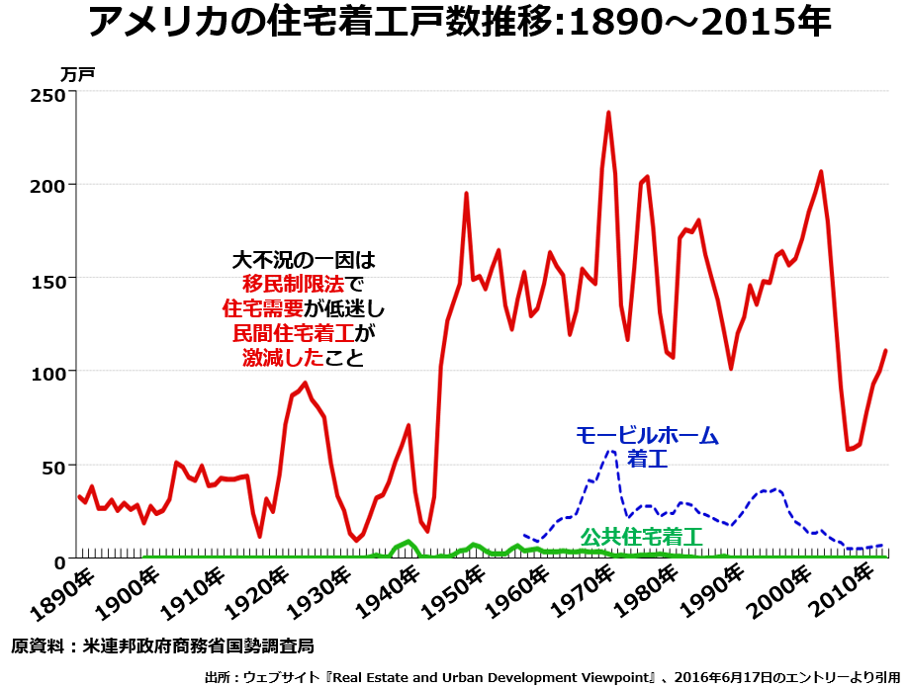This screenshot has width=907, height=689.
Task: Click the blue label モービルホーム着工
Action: (x=648, y=446)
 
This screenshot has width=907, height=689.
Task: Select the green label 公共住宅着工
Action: (x=640, y=537)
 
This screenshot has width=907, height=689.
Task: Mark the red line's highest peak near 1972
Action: (x=608, y=113)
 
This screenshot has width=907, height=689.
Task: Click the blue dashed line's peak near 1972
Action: (x=610, y=452)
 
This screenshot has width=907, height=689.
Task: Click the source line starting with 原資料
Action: (x=163, y=646)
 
